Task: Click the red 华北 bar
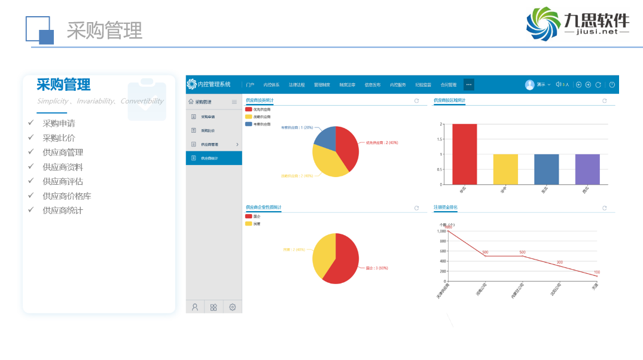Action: point(465,154)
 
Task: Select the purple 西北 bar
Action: point(587,169)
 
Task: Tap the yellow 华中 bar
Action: point(505,169)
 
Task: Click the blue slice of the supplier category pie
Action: point(325,138)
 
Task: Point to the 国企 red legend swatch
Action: point(249,216)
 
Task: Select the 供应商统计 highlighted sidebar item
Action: point(214,158)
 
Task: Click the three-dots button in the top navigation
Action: point(469,85)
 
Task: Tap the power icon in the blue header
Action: point(612,85)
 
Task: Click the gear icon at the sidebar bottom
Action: point(232,307)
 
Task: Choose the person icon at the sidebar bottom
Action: point(195,307)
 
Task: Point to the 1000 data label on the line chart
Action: point(448,227)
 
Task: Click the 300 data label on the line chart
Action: point(560,263)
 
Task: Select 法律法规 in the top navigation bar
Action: point(297,85)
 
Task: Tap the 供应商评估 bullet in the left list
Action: point(63,181)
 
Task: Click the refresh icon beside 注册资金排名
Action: point(605,208)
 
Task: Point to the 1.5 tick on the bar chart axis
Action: point(440,139)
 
